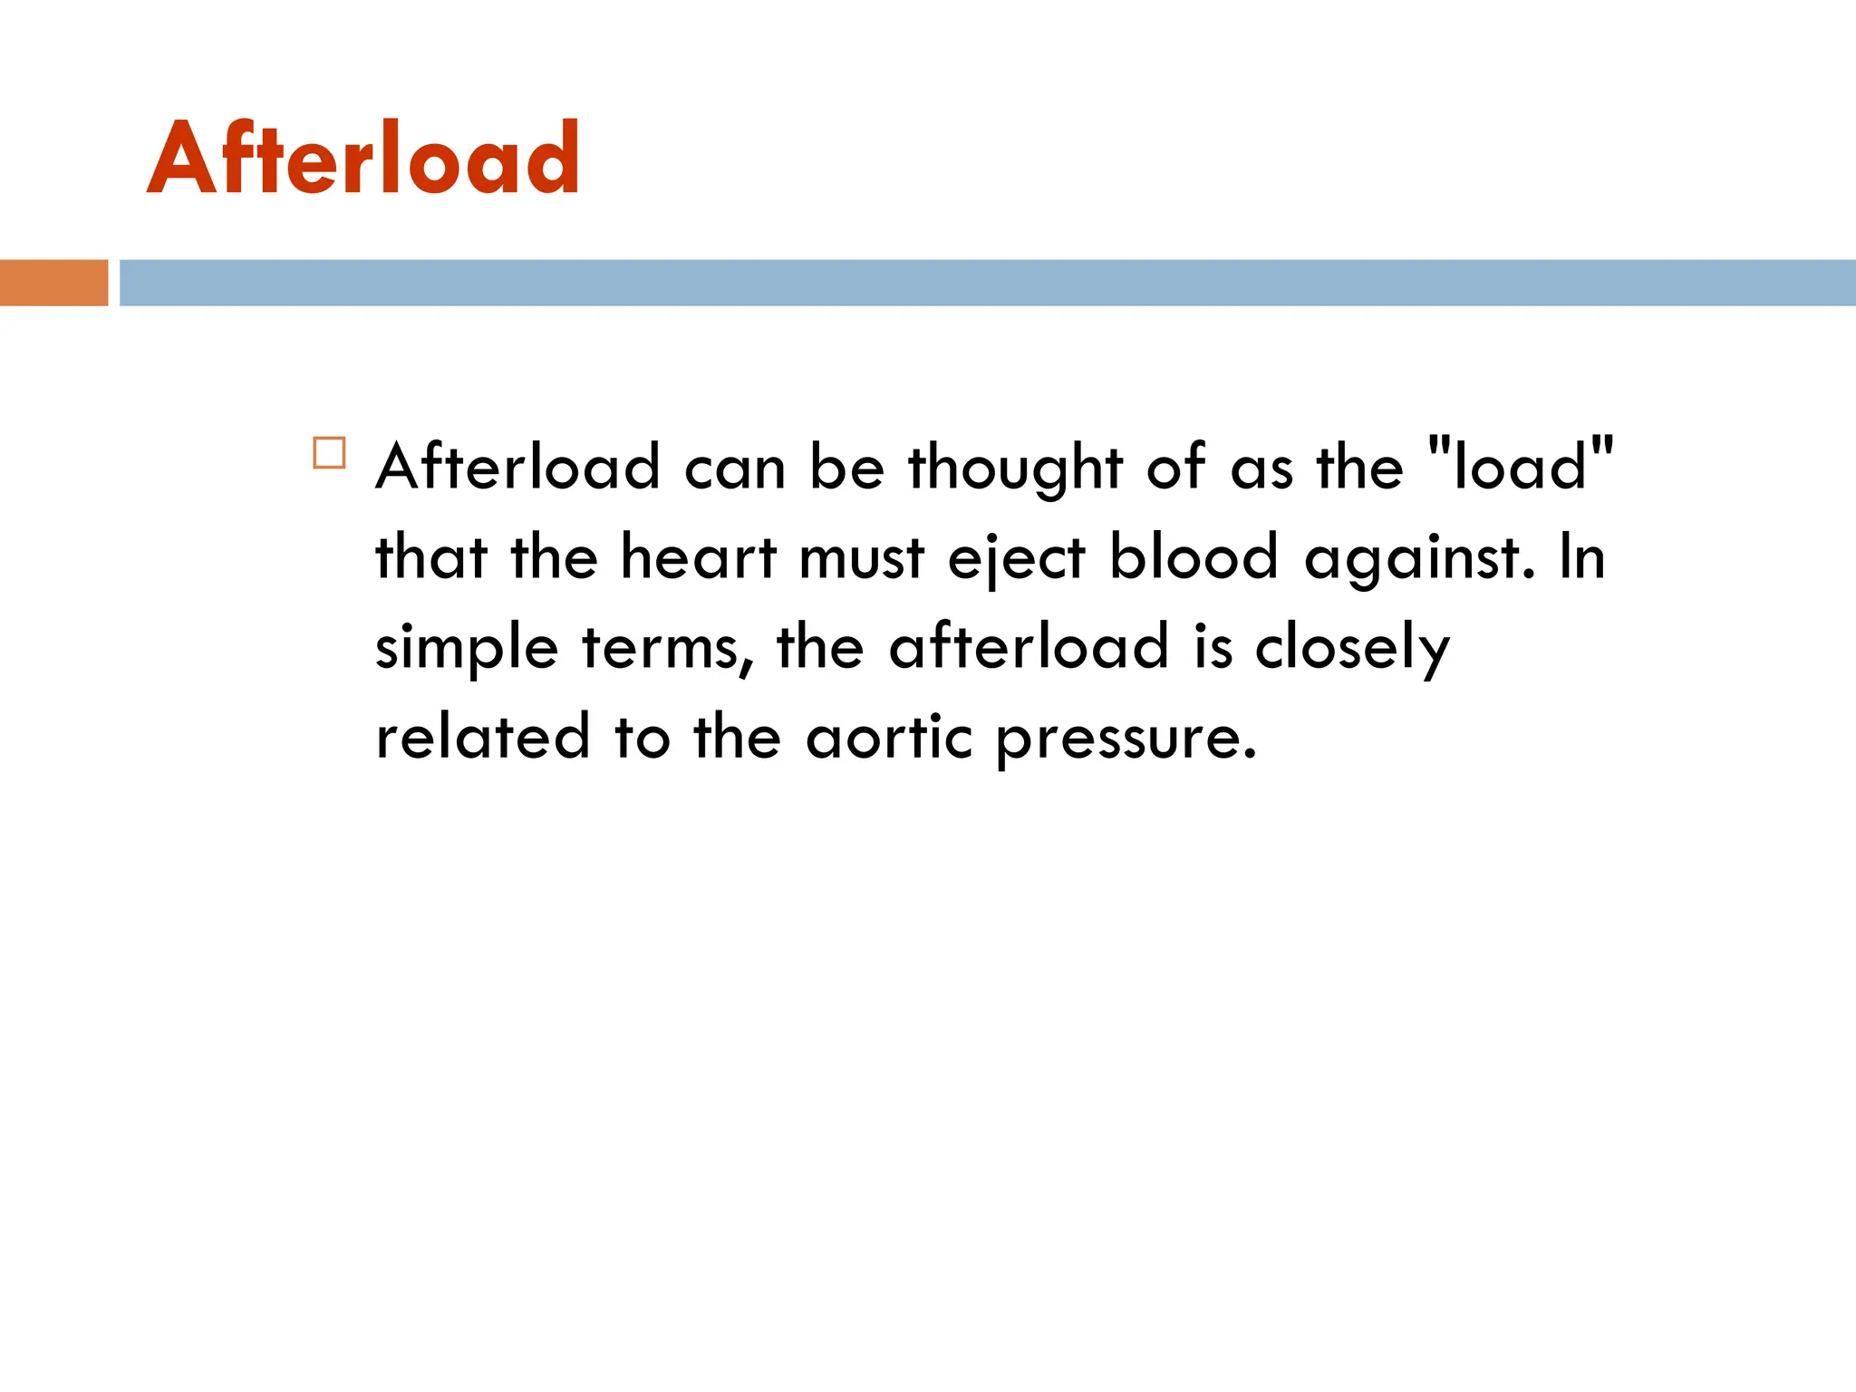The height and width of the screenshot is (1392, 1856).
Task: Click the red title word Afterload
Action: (362, 159)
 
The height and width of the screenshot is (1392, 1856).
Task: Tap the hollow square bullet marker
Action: (329, 453)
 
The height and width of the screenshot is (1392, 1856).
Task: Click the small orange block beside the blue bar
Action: (53, 283)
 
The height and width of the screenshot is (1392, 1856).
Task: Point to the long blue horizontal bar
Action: (987, 283)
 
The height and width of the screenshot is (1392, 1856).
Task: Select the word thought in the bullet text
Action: (1016, 468)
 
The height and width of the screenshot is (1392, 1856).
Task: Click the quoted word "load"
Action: (1520, 466)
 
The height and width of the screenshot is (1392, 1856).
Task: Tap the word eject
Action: (1016, 558)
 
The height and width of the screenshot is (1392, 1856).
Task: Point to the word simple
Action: (467, 649)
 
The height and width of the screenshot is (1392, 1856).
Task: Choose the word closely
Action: (1352, 649)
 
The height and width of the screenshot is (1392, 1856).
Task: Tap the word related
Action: (483, 736)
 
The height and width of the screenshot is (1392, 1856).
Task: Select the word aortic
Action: (889, 736)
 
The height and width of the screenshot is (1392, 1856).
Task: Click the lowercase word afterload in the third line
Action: (1029, 647)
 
